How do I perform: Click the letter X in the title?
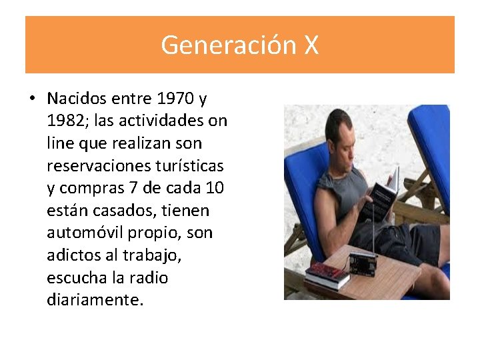[311, 45]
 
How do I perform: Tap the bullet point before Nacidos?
[31, 99]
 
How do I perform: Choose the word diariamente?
[95, 300]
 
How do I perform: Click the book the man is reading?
[381, 193]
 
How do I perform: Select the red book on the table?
[327, 273]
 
